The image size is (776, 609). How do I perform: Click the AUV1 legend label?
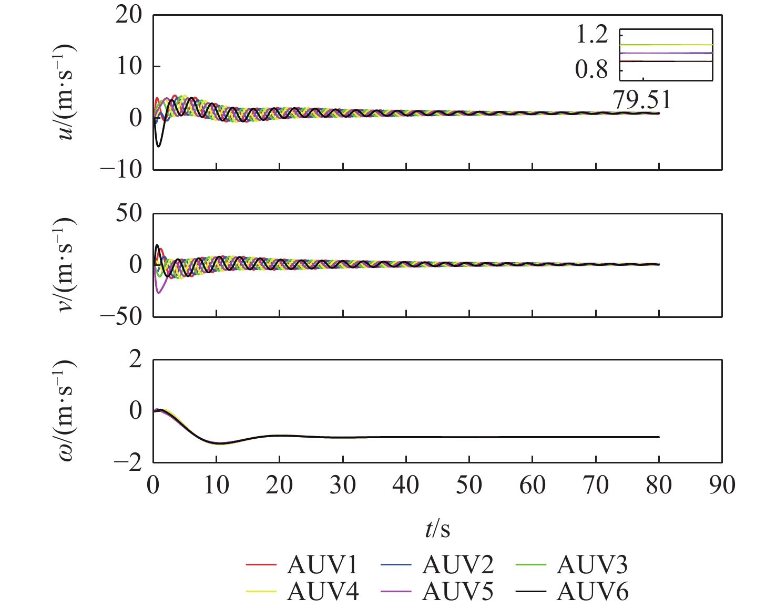pyautogui.click(x=322, y=565)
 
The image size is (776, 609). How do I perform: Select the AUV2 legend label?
pyautogui.click(x=457, y=565)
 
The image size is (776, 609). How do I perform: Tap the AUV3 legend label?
pyautogui.click(x=592, y=565)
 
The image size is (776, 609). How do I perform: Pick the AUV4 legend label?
pyautogui.click(x=322, y=592)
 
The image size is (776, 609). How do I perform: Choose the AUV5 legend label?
pyautogui.click(x=457, y=592)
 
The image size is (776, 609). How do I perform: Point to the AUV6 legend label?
pyautogui.click(x=592, y=592)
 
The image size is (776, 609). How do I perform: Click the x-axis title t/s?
pyautogui.click(x=437, y=530)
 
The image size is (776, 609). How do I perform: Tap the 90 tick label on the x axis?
pyautogui.click(x=722, y=485)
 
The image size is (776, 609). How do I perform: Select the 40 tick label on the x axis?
pyautogui.click(x=406, y=485)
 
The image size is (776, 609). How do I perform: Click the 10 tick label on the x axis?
pyautogui.click(x=216, y=485)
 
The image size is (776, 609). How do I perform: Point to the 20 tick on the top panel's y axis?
pyautogui.click(x=129, y=15)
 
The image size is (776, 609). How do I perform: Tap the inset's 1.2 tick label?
pyautogui.click(x=591, y=35)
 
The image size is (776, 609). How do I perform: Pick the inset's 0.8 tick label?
pyautogui.click(x=591, y=70)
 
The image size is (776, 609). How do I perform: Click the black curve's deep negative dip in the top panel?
pyautogui.click(x=158, y=146)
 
